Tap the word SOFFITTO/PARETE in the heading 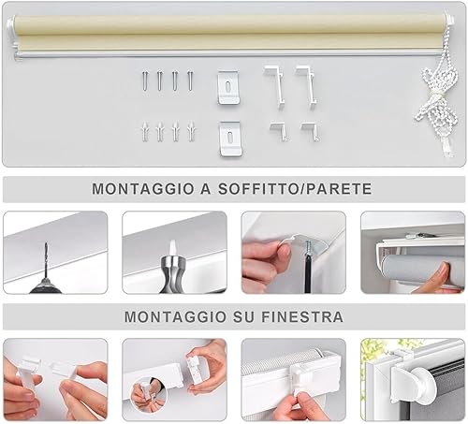point(295,189)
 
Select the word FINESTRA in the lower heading point(302,317)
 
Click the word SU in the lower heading point(243,317)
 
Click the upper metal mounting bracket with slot point(228,87)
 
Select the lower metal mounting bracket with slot point(230,139)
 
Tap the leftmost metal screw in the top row point(145,80)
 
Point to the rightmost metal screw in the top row point(190,80)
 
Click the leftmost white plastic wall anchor point(145,131)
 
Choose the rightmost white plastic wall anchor point(191,131)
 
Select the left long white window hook point(274,86)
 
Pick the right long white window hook point(307,87)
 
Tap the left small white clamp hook point(279,131)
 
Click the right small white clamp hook point(310,131)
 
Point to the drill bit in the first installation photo point(47,258)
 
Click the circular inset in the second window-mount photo point(149,395)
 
